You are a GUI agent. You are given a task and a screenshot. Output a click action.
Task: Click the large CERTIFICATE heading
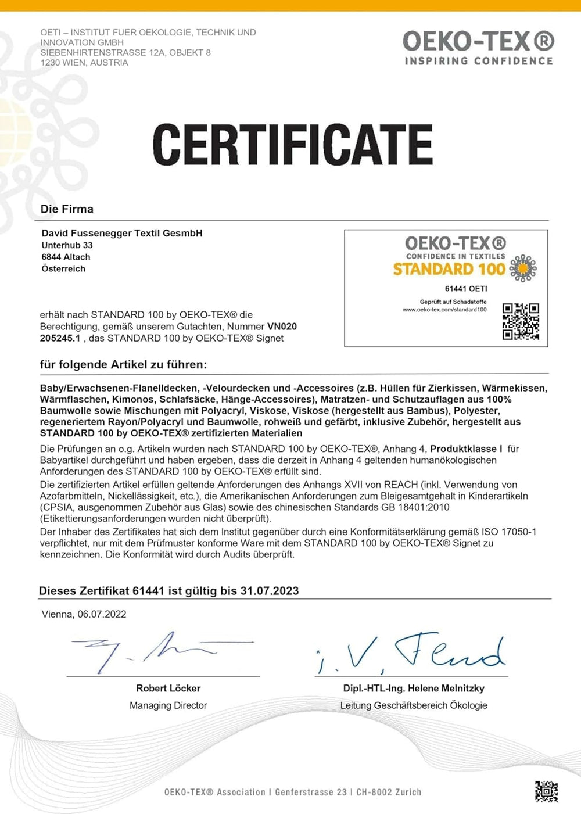point(292,144)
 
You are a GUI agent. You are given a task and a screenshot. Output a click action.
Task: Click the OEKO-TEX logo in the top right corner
point(478,48)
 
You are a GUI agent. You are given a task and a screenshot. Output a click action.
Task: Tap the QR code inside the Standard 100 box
point(521,321)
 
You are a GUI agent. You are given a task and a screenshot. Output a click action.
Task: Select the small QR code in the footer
point(546,791)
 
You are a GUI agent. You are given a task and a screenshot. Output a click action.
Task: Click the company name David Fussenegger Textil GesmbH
point(122,233)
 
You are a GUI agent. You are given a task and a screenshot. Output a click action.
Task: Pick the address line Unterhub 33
point(67,245)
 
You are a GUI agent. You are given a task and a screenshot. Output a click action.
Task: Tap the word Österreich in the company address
point(63,268)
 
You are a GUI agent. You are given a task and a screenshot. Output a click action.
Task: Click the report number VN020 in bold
point(282,327)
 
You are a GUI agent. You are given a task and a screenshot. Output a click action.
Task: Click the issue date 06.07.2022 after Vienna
point(102,614)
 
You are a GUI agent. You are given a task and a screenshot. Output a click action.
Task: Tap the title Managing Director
point(168,705)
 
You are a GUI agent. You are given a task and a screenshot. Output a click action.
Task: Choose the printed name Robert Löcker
point(168,688)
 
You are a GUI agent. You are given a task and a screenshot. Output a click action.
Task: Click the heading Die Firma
point(67,209)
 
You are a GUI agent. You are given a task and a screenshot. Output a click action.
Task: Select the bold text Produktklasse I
point(466,449)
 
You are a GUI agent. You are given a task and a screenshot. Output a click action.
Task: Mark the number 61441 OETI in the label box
point(466,289)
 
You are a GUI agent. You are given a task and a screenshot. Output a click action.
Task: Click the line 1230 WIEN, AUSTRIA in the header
point(84,63)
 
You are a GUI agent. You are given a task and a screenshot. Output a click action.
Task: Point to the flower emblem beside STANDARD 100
point(523,268)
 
